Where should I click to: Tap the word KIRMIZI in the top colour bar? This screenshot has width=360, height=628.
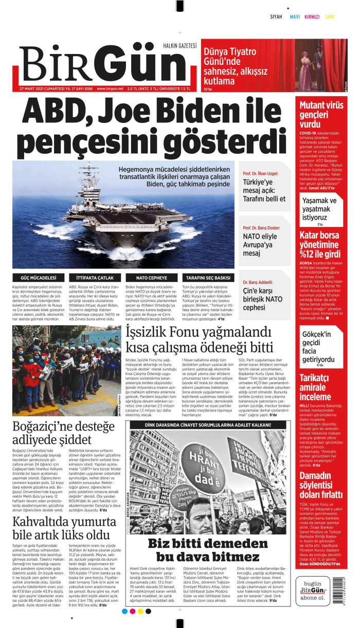tap(312, 16)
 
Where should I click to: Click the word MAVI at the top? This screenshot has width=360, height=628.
tap(295, 16)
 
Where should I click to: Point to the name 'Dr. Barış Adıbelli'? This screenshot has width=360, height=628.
tap(258, 282)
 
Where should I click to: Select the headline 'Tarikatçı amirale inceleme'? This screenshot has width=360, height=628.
tap(315, 387)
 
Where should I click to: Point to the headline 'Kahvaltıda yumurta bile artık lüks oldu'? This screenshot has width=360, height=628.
tap(61, 528)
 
